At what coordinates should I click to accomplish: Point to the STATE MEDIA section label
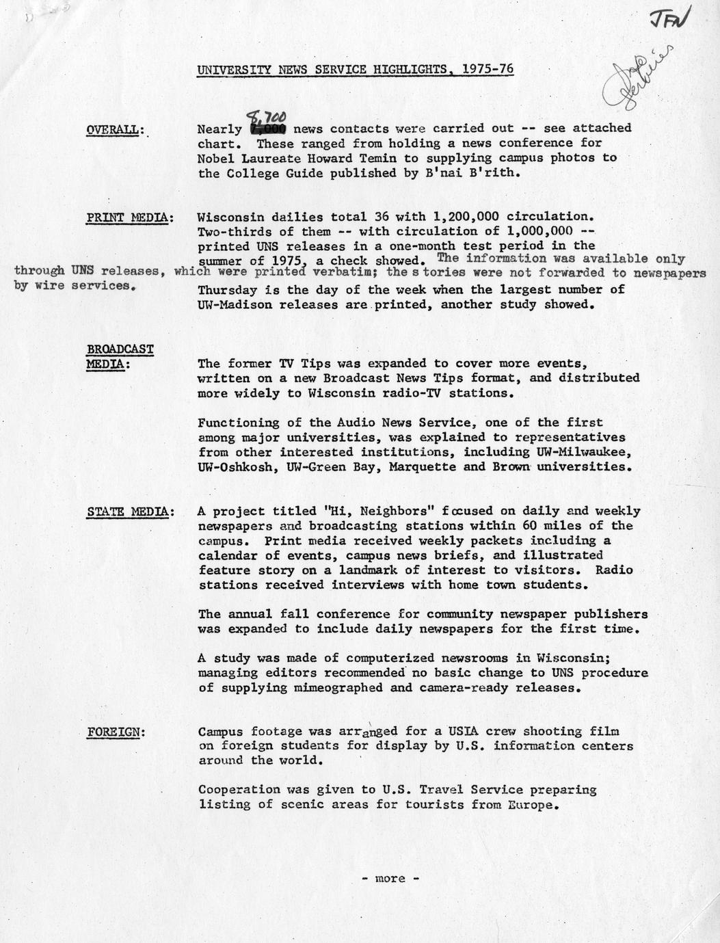point(130,512)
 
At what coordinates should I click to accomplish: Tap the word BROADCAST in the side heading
point(120,349)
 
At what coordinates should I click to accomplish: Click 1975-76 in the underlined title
point(488,69)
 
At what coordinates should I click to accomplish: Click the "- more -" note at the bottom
point(390,879)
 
